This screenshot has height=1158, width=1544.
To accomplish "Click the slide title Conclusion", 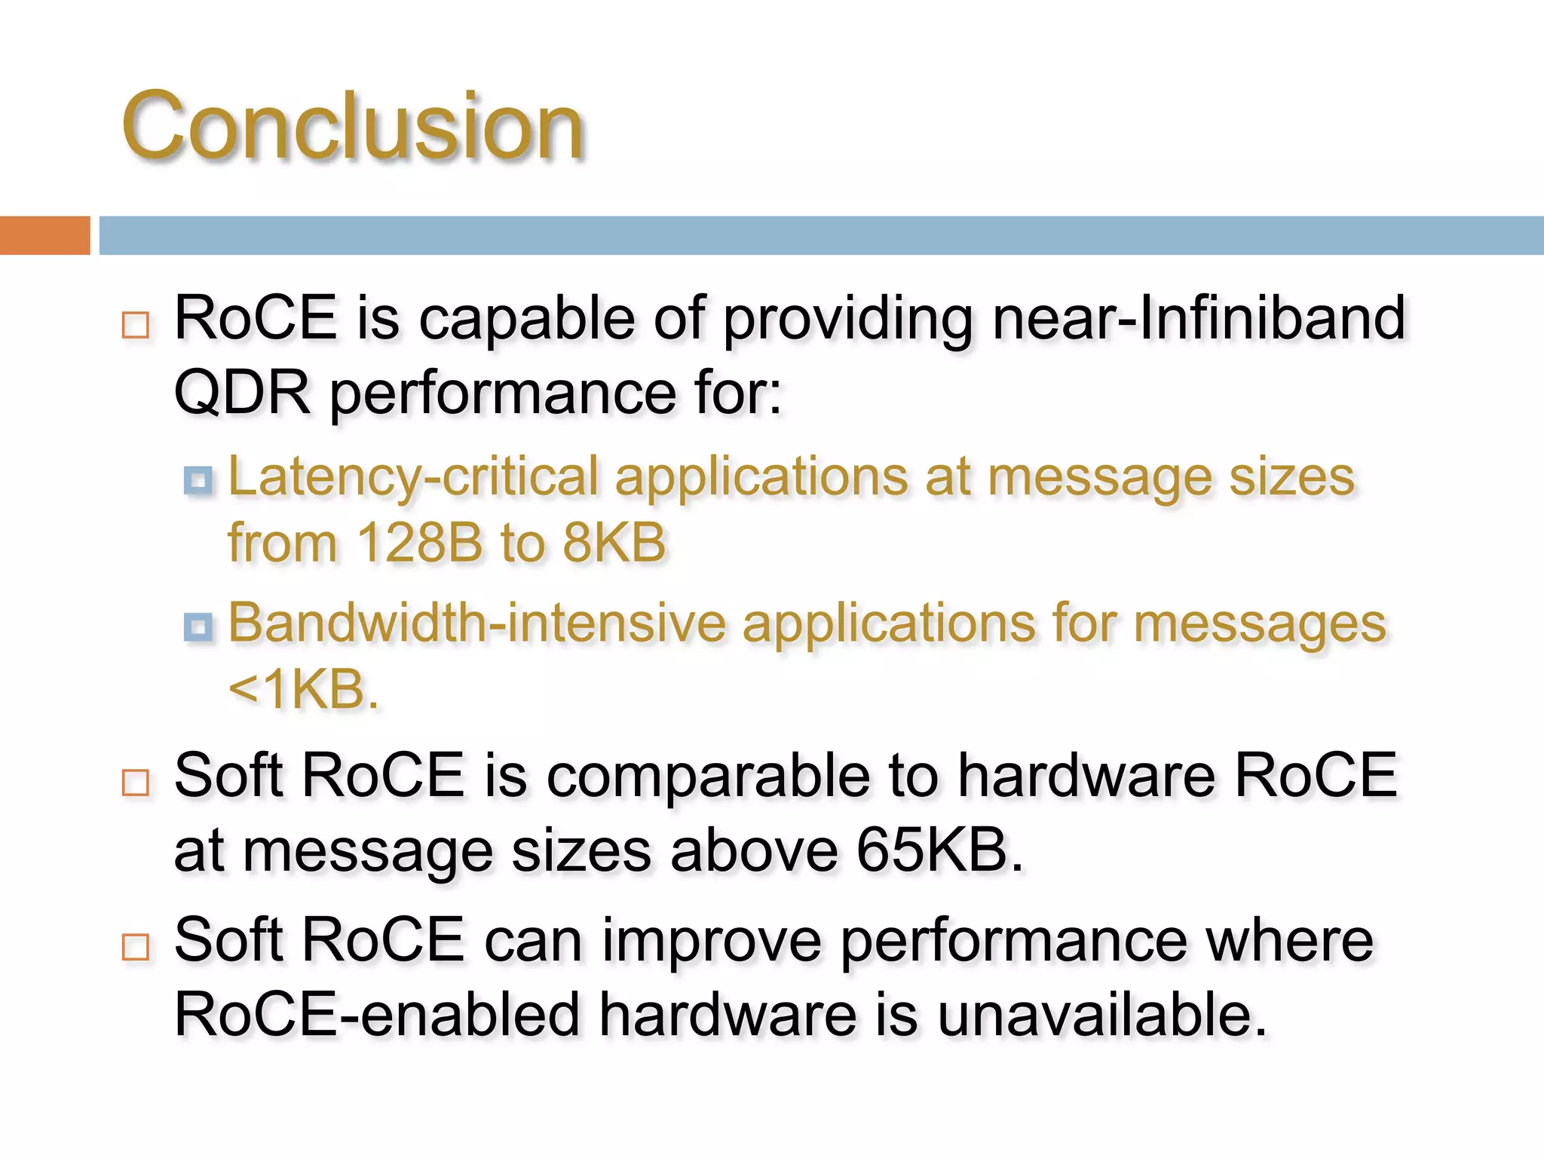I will pyautogui.click(x=353, y=126).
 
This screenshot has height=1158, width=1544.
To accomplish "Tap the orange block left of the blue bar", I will pyautogui.click(x=44, y=235).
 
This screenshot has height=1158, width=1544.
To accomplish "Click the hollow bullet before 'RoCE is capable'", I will pyautogui.click(x=136, y=325).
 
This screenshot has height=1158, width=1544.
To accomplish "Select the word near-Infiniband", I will pyautogui.click(x=1199, y=318).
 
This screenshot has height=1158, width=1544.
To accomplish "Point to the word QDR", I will pyautogui.click(x=242, y=393).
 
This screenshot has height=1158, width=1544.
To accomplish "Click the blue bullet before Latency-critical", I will pyautogui.click(x=198, y=480).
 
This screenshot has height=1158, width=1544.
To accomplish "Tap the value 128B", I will pyautogui.click(x=419, y=543).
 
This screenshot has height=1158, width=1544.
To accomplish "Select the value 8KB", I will pyautogui.click(x=614, y=543).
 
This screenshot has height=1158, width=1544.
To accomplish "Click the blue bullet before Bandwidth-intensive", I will pyautogui.click(x=198, y=626).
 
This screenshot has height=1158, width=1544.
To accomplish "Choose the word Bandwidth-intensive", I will pyautogui.click(x=476, y=623).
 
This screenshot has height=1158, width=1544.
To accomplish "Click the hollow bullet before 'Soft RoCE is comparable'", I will pyautogui.click(x=136, y=783).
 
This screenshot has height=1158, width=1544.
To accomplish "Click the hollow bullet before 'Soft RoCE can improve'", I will pyautogui.click(x=136, y=946).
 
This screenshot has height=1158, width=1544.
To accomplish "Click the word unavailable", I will pyautogui.click(x=1101, y=1015).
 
